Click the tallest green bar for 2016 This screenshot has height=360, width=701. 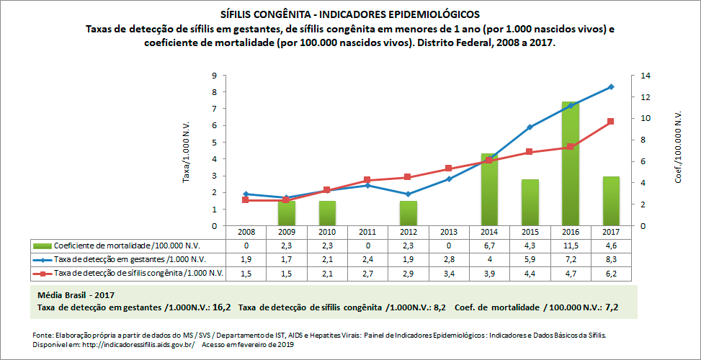click(570, 164)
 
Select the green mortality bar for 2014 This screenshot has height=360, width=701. click(489, 190)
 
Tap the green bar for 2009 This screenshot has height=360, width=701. click(287, 213)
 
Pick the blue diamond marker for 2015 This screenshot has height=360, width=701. click(530, 127)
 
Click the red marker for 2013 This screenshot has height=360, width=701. click(449, 168)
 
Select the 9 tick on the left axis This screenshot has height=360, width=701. click(214, 76)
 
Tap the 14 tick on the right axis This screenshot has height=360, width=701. click(636, 76)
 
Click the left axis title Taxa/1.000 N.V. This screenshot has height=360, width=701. click(187, 150)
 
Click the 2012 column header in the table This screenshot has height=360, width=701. click(408, 233)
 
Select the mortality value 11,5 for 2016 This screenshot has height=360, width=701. click(570, 246)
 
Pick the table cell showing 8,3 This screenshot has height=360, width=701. click(611, 259)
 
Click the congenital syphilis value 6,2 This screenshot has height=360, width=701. click(611, 273)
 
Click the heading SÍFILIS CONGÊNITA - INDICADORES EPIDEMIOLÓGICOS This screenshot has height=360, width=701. click(349, 14)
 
